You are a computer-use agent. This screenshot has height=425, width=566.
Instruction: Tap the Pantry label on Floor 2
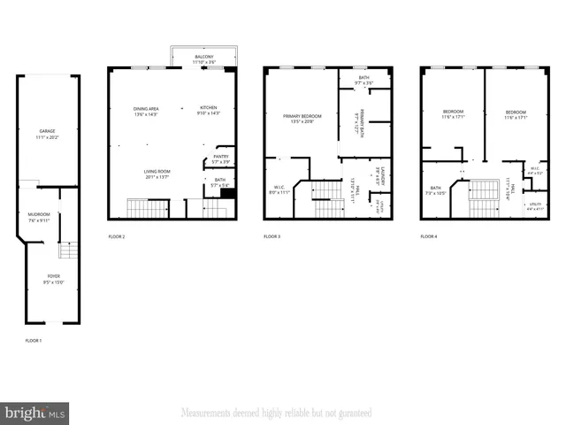point(221,159)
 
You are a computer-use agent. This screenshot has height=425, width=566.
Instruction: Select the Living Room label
point(157,174)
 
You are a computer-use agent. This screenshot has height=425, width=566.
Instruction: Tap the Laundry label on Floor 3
point(379,174)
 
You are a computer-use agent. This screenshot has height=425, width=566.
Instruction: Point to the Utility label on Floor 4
point(535,206)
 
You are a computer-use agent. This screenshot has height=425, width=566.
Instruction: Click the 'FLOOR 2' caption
point(117,237)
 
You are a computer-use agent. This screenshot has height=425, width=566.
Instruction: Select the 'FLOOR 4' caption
point(428,237)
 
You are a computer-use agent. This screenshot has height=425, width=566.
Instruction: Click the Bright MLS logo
point(35,413)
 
